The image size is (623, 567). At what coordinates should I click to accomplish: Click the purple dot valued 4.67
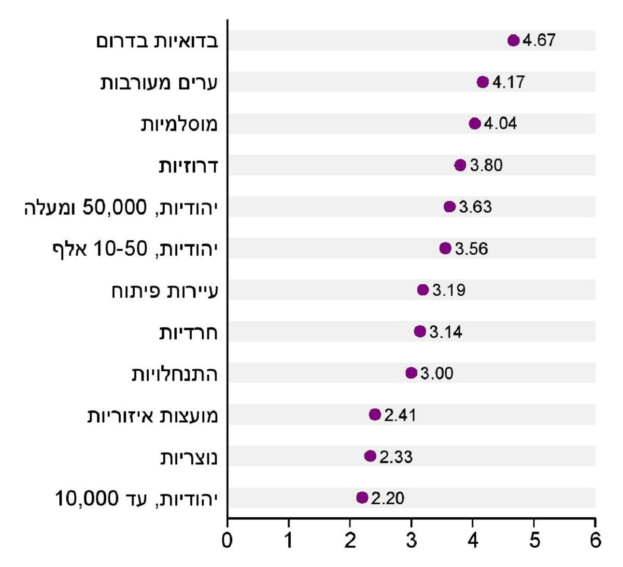(513, 40)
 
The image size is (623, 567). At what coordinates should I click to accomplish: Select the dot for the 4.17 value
(482, 82)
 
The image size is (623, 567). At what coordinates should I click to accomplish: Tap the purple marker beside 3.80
(460, 165)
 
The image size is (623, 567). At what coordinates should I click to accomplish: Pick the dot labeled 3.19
(423, 290)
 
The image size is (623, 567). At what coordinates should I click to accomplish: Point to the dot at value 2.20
(362, 497)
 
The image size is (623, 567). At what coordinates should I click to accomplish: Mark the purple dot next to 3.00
(411, 373)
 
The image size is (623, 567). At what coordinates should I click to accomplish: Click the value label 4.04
(500, 124)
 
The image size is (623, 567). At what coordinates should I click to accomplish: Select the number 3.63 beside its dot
(475, 207)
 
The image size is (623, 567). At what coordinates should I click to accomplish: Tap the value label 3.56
(471, 248)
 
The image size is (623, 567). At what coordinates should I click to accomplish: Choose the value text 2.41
(400, 415)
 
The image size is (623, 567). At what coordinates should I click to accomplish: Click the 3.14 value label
(446, 332)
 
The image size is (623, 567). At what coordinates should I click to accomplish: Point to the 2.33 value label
(396, 457)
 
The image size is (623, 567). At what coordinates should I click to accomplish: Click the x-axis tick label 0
(227, 540)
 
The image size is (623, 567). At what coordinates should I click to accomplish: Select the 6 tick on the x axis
(595, 540)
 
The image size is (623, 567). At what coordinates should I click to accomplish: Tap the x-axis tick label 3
(411, 540)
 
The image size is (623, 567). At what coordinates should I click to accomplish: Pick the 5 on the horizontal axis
(534, 540)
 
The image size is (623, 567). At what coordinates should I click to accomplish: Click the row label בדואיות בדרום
(157, 41)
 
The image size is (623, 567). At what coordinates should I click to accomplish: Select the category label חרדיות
(188, 333)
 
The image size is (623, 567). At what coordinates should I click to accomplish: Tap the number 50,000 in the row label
(114, 207)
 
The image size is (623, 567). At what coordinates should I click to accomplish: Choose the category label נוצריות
(189, 457)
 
